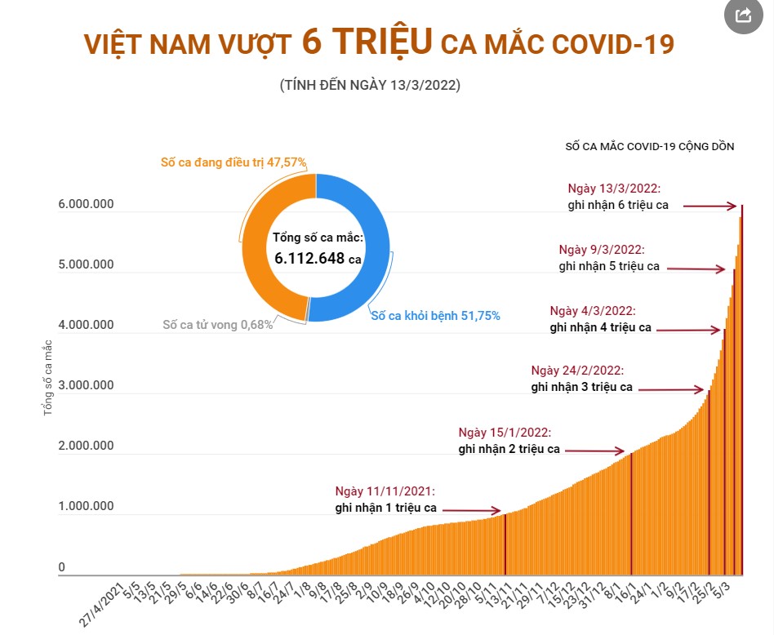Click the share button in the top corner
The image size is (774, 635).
coord(744,16)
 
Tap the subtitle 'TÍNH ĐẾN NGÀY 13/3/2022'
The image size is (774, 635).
coord(370,85)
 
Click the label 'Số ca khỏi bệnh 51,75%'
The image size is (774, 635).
coord(435,315)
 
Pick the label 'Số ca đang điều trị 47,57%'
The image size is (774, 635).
coord(234,162)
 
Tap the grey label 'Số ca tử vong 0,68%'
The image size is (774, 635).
coord(218,325)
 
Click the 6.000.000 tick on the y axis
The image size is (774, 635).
coord(86,204)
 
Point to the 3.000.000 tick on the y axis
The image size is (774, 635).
coord(86,385)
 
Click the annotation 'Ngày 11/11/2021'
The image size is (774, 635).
coord(385,491)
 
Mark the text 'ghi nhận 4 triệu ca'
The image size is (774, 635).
coord(601,327)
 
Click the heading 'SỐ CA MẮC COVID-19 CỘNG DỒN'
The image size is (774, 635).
coord(650,147)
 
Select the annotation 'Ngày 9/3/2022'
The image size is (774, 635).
coord(602,250)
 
